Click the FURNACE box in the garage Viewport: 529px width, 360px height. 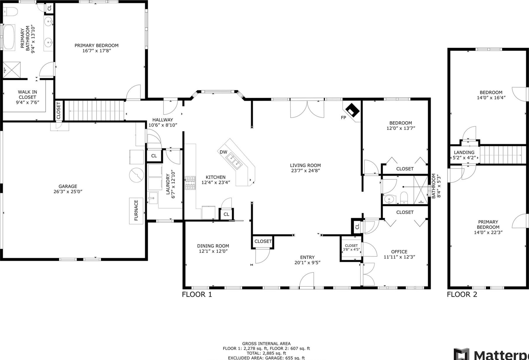pos(136,211)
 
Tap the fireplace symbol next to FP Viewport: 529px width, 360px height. pos(353,110)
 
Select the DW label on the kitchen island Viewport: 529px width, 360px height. pos(223,152)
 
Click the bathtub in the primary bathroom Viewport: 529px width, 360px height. pos(9,37)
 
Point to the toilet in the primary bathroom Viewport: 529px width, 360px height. pos(10,11)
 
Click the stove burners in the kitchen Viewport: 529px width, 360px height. pos(190,183)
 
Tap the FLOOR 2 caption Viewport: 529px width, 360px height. pos(462,294)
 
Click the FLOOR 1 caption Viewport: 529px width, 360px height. pos(197,294)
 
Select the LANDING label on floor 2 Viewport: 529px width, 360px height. pos(464,152)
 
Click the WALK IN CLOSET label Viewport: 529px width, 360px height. pos(27,95)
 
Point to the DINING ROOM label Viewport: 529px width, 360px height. pos(213,246)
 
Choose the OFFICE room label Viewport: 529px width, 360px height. pos(399,252)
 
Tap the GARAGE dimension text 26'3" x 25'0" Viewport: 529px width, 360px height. pos(68,192)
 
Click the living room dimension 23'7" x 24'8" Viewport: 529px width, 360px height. pos(305,171)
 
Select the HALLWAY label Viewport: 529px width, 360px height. pos(163,120)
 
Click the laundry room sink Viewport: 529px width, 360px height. pos(153,198)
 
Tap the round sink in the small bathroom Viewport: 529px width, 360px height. pos(389,200)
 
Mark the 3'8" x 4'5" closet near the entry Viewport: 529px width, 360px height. pos(351,248)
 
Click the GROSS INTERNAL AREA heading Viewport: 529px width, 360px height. pos(266,344)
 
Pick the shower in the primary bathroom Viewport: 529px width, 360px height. pos(12,70)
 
